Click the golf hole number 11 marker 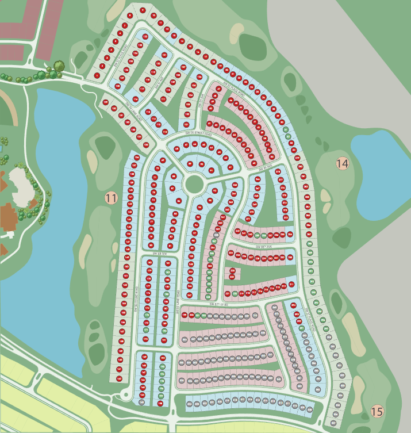(112, 198)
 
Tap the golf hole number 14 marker (342, 163)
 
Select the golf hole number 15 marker (377, 412)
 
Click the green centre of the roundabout (194, 185)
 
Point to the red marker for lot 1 (97, 75)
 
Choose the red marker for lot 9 (143, 10)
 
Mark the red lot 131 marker (121, 115)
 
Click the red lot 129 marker (105, 102)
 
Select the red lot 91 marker (211, 170)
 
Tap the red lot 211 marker (291, 285)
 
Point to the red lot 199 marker (185, 315)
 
